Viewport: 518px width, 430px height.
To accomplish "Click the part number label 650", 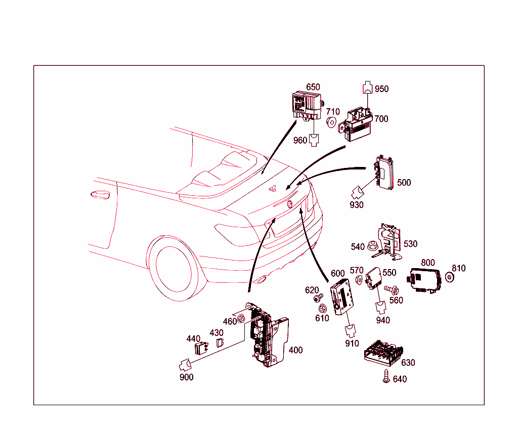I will [313, 87].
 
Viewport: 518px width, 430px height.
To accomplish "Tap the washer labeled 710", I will [331, 122].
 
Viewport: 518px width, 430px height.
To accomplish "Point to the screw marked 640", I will [386, 377].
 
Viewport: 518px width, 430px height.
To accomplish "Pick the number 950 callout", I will [381, 89].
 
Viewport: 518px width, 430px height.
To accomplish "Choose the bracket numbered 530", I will [390, 238].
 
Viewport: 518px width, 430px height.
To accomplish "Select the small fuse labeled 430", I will [220, 342].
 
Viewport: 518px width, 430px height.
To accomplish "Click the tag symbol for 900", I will [185, 364].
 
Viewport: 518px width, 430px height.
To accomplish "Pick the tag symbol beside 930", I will [358, 192].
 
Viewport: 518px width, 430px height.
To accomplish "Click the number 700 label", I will [381, 119].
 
